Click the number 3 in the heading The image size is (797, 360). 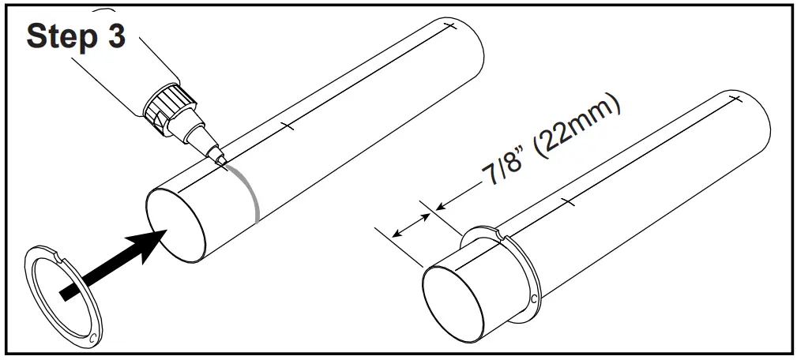(x=115, y=37)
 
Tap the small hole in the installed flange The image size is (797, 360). (x=536, y=298)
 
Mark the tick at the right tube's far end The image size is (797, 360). (x=735, y=99)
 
